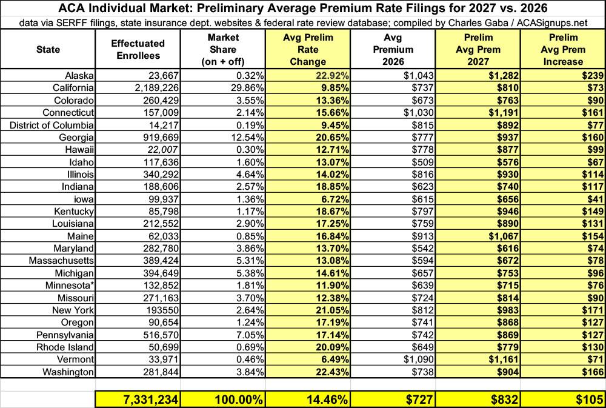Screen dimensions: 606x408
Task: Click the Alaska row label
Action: click(x=79, y=75)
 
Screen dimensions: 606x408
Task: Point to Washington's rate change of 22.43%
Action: click(x=332, y=372)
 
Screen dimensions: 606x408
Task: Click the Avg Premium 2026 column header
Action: click(x=393, y=50)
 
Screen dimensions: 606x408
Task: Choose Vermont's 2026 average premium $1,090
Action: click(x=419, y=360)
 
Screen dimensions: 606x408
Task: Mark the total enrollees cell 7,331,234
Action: click(x=151, y=400)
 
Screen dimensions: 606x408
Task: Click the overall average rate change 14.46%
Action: click(x=327, y=400)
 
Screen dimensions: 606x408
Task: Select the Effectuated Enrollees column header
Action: click(x=138, y=50)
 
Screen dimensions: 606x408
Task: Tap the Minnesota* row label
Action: click(x=70, y=286)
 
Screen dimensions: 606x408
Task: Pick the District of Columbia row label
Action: click(x=52, y=125)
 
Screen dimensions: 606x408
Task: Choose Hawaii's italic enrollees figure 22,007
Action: click(x=164, y=150)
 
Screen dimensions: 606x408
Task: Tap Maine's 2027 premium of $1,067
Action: click(x=503, y=236)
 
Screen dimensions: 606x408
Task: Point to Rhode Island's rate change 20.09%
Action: click(x=332, y=347)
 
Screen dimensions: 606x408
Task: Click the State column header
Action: click(x=48, y=50)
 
